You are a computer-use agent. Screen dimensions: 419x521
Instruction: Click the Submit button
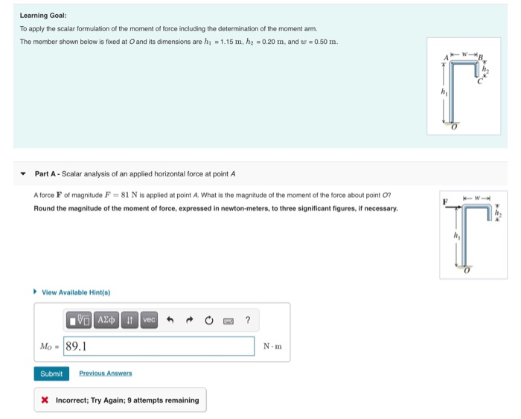(x=51, y=374)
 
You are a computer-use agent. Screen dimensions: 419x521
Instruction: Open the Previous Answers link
(x=105, y=374)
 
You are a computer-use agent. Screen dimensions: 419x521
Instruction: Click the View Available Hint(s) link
(x=75, y=292)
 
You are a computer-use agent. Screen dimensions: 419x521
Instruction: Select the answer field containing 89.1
(x=159, y=346)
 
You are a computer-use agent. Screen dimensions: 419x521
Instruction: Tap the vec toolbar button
(x=149, y=320)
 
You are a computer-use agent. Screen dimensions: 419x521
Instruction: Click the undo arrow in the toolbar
(x=170, y=320)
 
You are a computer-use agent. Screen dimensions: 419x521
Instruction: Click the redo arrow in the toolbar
(x=189, y=320)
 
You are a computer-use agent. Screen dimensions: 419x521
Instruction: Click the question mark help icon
(x=248, y=320)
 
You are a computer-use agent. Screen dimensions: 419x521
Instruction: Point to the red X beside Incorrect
(x=45, y=400)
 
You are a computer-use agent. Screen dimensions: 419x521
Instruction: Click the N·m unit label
(x=272, y=346)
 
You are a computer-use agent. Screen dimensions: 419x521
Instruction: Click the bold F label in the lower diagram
(x=445, y=202)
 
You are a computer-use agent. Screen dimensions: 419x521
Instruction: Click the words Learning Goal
(x=43, y=15)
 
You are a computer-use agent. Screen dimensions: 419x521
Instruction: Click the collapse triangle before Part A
(x=24, y=174)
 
